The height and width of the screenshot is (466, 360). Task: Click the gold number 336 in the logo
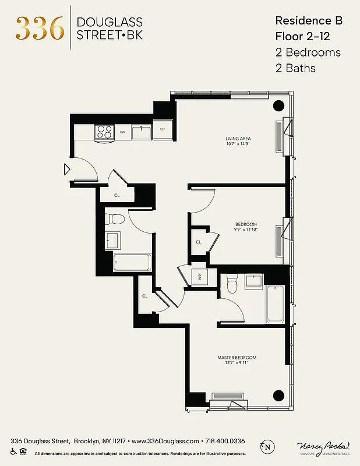[x=40, y=28]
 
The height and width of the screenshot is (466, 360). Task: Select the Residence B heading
[x=308, y=20]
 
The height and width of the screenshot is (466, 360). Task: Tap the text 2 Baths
[x=295, y=68]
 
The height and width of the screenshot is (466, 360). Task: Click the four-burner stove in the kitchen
[x=104, y=132]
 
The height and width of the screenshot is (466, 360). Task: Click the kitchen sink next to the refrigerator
[x=142, y=132]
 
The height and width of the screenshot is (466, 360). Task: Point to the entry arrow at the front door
[x=67, y=170]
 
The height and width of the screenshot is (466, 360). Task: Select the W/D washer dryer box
[x=199, y=277]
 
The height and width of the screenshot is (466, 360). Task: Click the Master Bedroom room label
[x=237, y=358]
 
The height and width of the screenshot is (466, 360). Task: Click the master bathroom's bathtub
[x=274, y=303]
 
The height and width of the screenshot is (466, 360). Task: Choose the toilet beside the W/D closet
[x=232, y=284]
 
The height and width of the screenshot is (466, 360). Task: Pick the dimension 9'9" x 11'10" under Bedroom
[x=245, y=230]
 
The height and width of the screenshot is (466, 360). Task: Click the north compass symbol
[x=267, y=447]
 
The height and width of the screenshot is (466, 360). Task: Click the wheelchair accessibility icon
[x=13, y=451]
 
